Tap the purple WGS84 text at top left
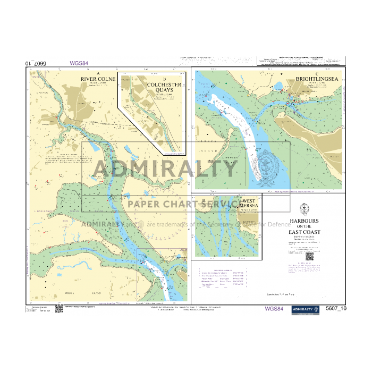point(79,63)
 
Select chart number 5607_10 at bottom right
point(336,308)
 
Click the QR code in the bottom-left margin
point(59,308)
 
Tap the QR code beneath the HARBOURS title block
point(309,256)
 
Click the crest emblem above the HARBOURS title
point(305,208)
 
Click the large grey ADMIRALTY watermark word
point(165,170)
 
